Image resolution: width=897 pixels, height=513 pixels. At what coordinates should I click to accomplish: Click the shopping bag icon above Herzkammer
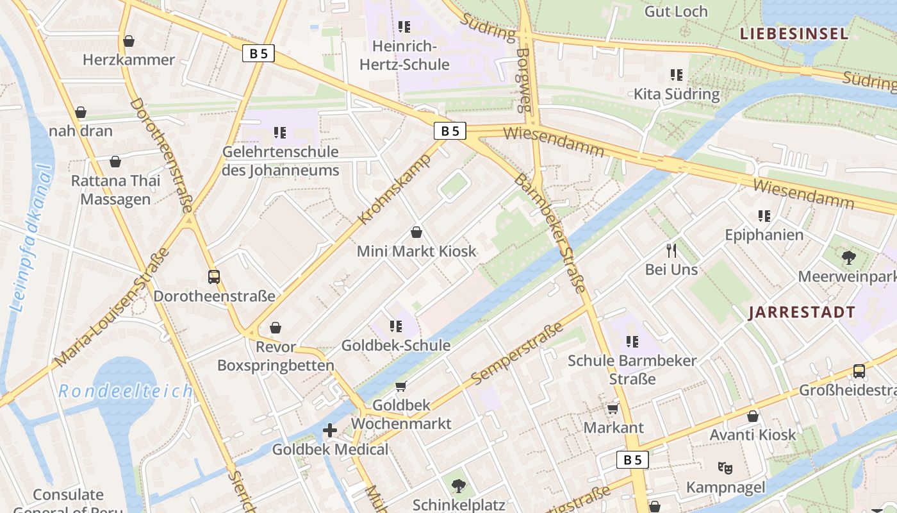129,41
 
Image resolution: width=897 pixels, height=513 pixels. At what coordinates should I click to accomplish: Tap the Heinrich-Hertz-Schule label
404,55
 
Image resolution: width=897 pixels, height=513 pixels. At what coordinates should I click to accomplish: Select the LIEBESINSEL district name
794,34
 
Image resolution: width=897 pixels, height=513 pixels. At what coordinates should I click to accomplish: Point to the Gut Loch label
675,12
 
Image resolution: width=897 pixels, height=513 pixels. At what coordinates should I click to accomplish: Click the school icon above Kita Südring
676,75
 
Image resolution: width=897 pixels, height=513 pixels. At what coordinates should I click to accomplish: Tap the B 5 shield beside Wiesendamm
450,131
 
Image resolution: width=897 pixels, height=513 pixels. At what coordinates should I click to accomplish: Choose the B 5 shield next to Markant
632,459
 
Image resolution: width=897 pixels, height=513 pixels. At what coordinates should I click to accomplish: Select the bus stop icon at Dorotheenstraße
214,277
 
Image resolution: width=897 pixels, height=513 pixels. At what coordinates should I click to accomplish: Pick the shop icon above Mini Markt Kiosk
416,232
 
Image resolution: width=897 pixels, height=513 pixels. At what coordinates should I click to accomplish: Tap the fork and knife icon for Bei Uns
671,250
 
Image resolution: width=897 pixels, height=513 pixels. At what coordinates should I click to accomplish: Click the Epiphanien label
764,235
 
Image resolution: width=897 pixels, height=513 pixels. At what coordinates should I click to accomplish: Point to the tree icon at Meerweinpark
849,258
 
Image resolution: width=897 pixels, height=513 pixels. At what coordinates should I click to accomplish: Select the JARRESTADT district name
802,312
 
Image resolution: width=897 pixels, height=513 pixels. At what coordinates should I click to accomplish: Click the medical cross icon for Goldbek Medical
330,430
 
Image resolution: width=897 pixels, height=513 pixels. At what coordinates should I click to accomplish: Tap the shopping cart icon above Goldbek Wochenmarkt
401,386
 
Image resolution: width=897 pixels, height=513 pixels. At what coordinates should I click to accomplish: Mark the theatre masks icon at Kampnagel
725,468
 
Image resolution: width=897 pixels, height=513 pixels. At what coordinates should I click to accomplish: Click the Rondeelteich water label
126,391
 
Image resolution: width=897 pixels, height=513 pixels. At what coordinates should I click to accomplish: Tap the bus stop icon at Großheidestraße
859,371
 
